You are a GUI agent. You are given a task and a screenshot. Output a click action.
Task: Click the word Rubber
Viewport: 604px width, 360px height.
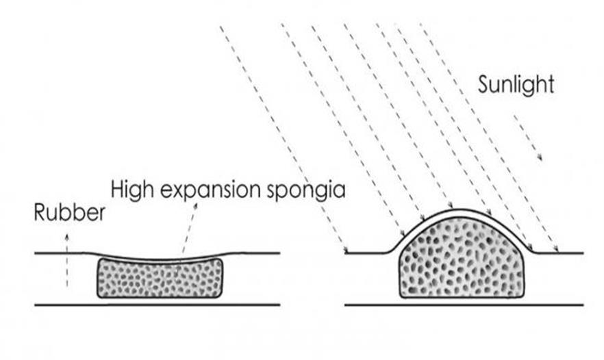[69, 214]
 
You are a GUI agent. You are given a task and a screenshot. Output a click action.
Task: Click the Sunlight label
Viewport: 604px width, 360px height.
[515, 86]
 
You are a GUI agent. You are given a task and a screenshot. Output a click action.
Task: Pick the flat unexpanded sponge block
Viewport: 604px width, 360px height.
[160, 277]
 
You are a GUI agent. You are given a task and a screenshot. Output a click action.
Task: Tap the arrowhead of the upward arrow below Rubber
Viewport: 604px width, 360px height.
[67, 235]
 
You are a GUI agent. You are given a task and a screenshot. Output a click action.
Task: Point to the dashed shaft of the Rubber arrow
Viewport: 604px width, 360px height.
[67, 263]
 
